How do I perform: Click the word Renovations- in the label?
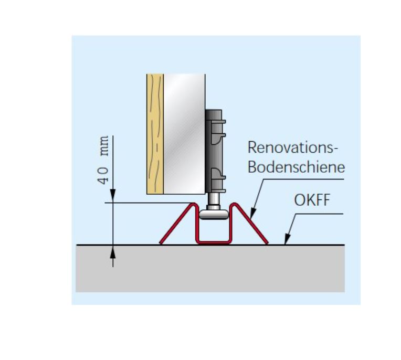tap(290, 147)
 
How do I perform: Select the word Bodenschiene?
tap(297, 167)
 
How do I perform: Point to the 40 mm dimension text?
tap(103, 160)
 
